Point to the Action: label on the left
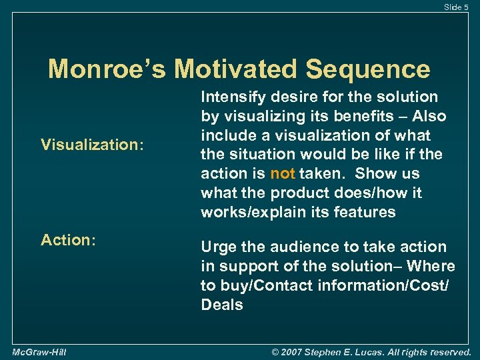click(x=69, y=239)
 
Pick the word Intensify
click(x=231, y=97)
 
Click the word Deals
click(x=222, y=305)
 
